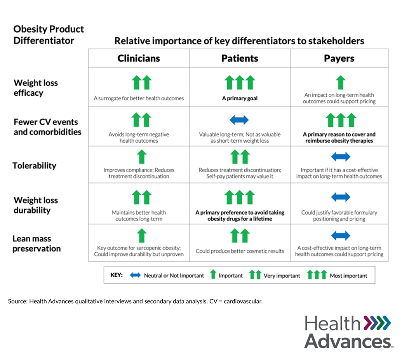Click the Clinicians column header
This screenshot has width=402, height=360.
(x=139, y=58)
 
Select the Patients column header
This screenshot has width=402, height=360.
(x=240, y=58)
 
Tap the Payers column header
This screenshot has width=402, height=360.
(x=339, y=58)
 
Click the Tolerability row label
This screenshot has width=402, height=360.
(x=35, y=165)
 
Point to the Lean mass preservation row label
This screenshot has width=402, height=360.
(x=37, y=243)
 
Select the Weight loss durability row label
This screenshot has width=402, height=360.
(x=36, y=205)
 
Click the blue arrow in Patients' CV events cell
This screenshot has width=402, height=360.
(x=239, y=120)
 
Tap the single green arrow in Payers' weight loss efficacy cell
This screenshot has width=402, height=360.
(x=341, y=83)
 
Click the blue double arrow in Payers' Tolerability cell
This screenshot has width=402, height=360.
(x=341, y=157)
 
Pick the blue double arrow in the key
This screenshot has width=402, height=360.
(x=136, y=275)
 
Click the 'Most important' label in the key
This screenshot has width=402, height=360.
(x=348, y=276)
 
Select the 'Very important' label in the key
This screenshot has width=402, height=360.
(x=282, y=276)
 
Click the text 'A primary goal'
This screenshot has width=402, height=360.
(x=240, y=98)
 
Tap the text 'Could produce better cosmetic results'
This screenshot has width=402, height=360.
(x=240, y=251)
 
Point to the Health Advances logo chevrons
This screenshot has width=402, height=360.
(x=377, y=323)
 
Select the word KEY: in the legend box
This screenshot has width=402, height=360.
(x=117, y=275)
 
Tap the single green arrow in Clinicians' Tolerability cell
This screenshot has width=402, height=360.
(x=142, y=157)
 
